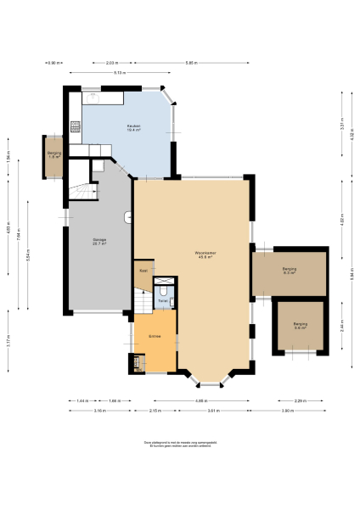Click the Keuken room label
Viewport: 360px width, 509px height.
click(x=133, y=127)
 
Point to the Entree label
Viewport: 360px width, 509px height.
click(x=155, y=337)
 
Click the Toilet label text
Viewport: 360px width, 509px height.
click(x=163, y=300)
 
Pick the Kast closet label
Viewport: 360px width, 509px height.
click(x=143, y=271)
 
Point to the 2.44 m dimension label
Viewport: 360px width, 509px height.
click(x=341, y=327)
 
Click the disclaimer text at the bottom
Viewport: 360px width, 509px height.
click(x=179, y=443)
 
